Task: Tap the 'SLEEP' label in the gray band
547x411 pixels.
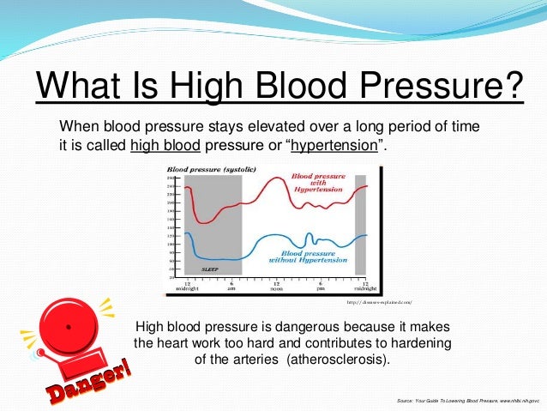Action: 210,269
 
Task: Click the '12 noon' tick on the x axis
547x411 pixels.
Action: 277,286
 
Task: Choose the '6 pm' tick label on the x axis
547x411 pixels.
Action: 320,286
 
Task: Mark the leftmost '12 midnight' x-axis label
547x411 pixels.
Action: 186,286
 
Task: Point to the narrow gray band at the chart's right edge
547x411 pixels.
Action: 360,223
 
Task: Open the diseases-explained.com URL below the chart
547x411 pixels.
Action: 380,302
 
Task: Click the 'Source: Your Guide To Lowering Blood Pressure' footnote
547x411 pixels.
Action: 467,401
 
